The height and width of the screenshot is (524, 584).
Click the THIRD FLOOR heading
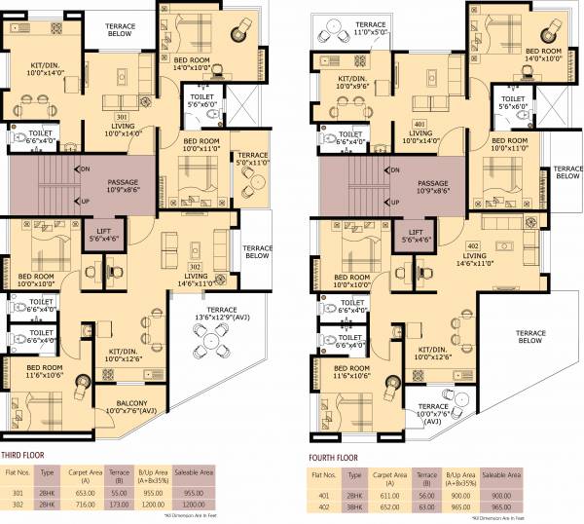27,454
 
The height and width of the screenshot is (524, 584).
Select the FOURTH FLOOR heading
330,454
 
